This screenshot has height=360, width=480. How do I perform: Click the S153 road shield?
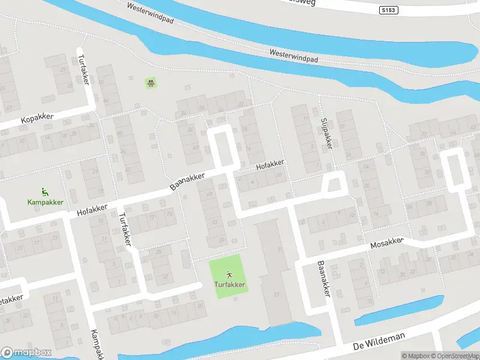[x=389, y=10]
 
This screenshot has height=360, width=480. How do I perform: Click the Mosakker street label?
[x=387, y=243]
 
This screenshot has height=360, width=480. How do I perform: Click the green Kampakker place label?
[x=45, y=202]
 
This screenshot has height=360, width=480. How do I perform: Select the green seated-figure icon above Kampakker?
[x=45, y=192]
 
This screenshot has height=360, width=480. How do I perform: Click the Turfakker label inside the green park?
[x=230, y=284]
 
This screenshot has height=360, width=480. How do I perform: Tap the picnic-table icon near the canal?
[x=151, y=83]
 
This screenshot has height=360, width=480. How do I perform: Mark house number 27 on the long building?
[x=277, y=294]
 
